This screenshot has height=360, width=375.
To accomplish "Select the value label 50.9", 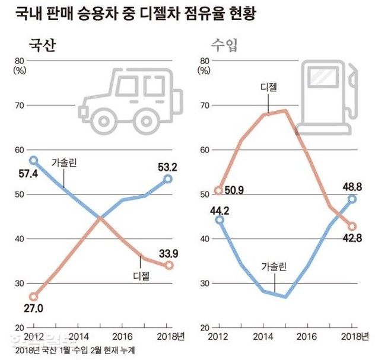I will click(x=233, y=190).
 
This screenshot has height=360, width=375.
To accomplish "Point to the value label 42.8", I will click(x=351, y=239).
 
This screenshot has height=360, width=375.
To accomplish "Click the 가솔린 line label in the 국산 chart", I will click(x=65, y=162).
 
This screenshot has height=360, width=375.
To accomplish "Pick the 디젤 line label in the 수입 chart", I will click(x=269, y=87).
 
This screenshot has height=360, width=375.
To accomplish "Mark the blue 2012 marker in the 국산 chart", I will click(x=34, y=160).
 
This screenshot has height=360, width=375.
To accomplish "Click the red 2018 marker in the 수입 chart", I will click(x=352, y=226).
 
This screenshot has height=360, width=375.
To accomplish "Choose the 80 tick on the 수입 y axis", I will click(x=204, y=60).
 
